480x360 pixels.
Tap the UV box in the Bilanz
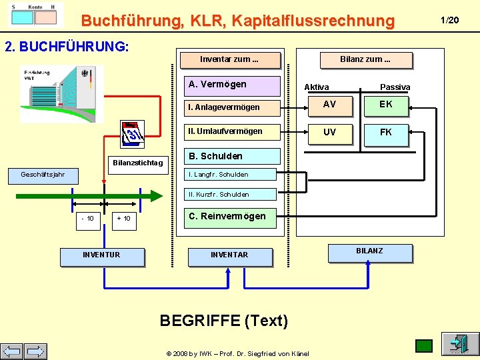coord(329,133)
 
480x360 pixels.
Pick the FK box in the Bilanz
coord(386,133)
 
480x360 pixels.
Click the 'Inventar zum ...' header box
coord(230,59)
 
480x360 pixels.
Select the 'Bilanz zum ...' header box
coord(365,59)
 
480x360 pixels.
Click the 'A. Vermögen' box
coord(231,85)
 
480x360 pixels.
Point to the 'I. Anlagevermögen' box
coord(231,107)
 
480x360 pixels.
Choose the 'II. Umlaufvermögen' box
coord(231,131)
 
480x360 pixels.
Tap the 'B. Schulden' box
coord(231,157)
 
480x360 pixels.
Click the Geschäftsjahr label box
coord(43,175)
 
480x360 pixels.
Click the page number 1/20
coord(451,20)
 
